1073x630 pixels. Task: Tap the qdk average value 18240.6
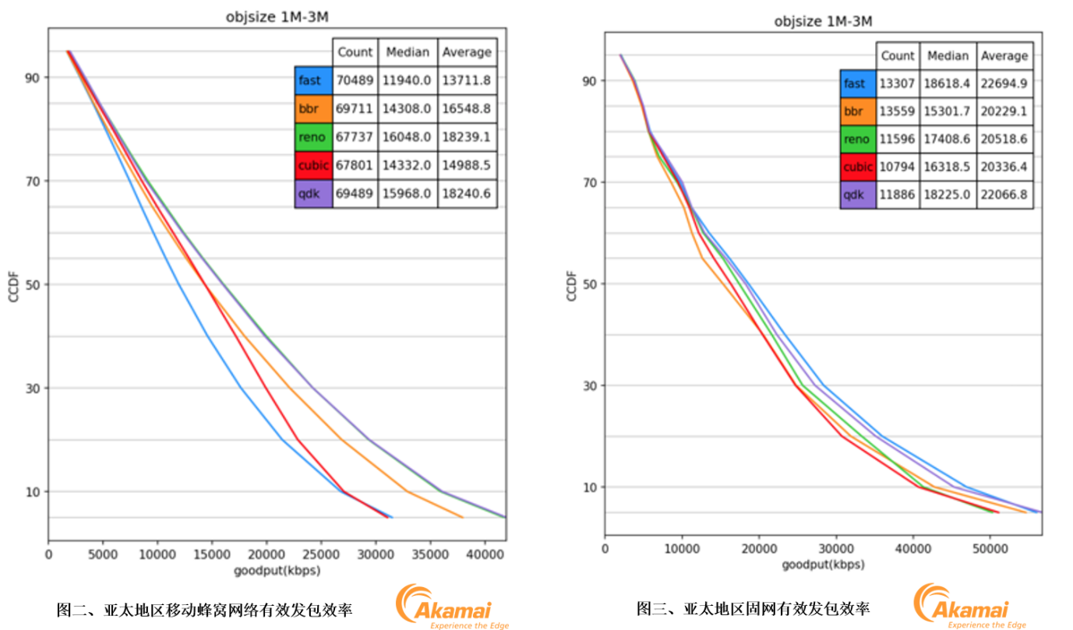[467, 194]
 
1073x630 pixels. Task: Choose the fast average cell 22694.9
[1004, 83]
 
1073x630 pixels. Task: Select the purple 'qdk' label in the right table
[857, 194]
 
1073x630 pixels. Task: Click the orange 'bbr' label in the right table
[857, 111]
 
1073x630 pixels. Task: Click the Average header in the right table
[1004, 56]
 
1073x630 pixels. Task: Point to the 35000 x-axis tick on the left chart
[430, 554]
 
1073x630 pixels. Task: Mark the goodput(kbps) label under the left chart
[277, 571]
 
